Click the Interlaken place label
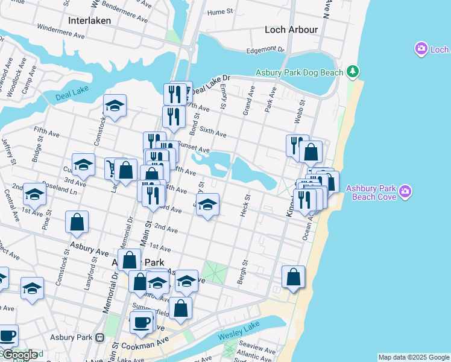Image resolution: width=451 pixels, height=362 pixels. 90,20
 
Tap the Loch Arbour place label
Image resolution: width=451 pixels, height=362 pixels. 291,30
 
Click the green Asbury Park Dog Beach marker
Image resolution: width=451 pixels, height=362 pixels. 353,72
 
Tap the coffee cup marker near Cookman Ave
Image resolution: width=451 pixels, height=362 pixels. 142,322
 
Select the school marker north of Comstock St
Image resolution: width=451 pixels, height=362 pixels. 115,106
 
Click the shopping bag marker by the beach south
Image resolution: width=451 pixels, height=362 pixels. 293,277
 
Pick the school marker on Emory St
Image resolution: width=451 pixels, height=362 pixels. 207,205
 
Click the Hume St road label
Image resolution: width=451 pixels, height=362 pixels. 219,11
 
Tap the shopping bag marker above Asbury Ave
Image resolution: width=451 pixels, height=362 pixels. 77,223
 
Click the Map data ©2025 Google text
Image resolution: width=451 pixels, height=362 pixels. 414,357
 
